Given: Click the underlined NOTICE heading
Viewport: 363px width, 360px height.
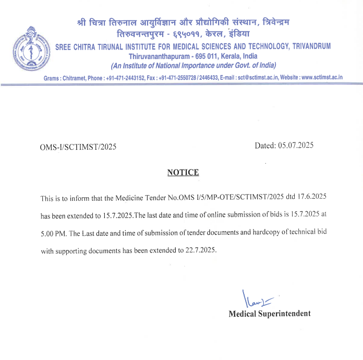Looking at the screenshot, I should (x=183, y=172).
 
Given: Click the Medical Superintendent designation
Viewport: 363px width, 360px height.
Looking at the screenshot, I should (x=269, y=314).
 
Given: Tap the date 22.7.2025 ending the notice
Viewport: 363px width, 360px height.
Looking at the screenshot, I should (x=199, y=250).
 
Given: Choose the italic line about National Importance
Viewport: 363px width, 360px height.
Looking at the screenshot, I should (x=193, y=65).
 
